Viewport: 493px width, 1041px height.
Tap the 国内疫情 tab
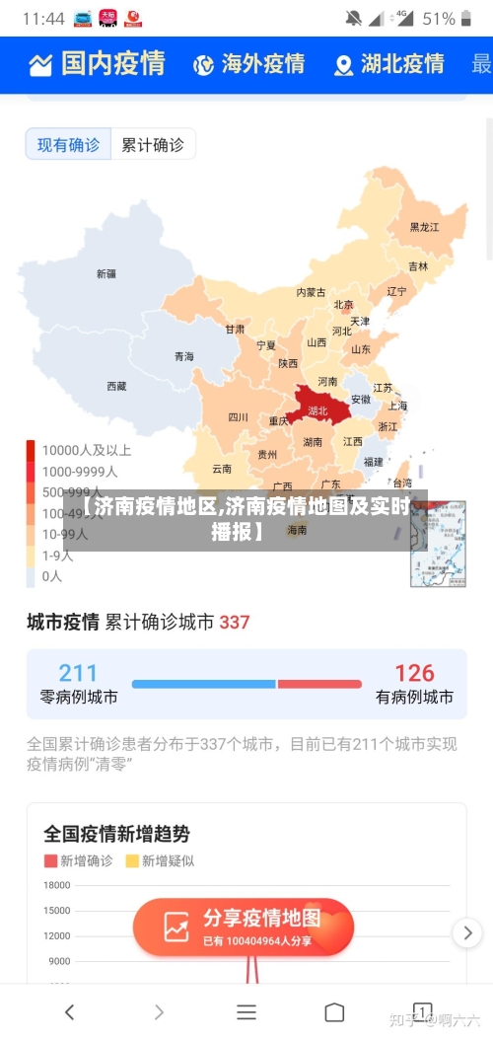pos(97,64)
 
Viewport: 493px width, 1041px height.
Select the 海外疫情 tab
pos(248,65)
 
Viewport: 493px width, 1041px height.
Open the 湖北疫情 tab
pos(388,65)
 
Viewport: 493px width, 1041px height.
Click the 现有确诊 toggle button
pos(68,145)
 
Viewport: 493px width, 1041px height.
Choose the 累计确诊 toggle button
pos(152,145)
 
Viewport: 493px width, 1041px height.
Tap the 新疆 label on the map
pos(106,273)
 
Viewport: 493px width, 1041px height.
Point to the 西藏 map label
pos(116,386)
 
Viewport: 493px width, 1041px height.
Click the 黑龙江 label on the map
pos(424,227)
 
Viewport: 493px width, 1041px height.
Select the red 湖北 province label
pos(317,409)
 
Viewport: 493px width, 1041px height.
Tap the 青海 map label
pos(183,356)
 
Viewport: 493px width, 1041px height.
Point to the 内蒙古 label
pos(311,292)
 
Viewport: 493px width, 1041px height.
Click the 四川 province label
pos(238,416)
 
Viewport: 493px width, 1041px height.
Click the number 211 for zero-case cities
pos(78,673)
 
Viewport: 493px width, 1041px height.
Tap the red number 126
pos(414,673)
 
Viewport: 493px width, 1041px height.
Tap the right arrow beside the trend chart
pos(466,931)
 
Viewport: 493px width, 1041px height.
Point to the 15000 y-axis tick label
pos(56,911)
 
